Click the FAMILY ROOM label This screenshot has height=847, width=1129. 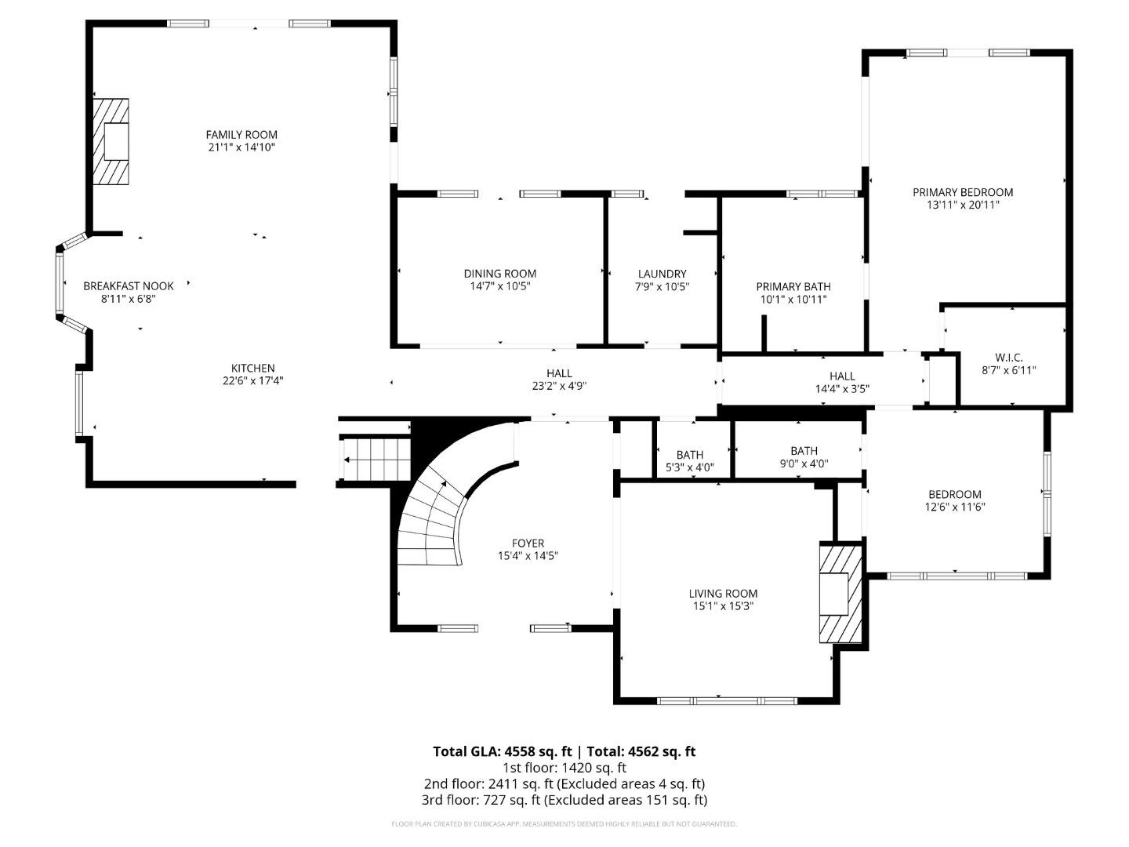pyautogui.click(x=241, y=135)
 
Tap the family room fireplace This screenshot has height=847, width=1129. pyautogui.click(x=111, y=141)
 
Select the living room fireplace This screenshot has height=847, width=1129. pyautogui.click(x=840, y=592)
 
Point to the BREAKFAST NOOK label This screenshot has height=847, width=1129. pyautogui.click(x=129, y=286)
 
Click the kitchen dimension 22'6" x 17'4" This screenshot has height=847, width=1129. pyautogui.click(x=253, y=381)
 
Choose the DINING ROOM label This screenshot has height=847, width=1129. pyautogui.click(x=500, y=274)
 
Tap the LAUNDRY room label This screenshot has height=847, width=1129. pyautogui.click(x=662, y=274)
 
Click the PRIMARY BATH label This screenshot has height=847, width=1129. pyautogui.click(x=793, y=286)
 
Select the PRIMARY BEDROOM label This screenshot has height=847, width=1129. pyautogui.click(x=963, y=192)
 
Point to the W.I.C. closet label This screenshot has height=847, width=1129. pyautogui.click(x=1008, y=358)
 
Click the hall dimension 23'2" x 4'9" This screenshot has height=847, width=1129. pyautogui.click(x=559, y=386)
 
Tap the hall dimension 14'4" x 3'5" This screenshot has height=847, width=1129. pyautogui.click(x=842, y=389)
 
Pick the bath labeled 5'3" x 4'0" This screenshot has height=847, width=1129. pyautogui.click(x=690, y=461)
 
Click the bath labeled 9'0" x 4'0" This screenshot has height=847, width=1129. pyautogui.click(x=804, y=457)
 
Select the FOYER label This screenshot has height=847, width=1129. pyautogui.click(x=528, y=543)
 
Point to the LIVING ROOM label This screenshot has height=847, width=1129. pyautogui.click(x=723, y=594)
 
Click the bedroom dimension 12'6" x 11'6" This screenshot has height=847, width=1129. pyautogui.click(x=955, y=507)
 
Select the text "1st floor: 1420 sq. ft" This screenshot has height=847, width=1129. pyautogui.click(x=564, y=768)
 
